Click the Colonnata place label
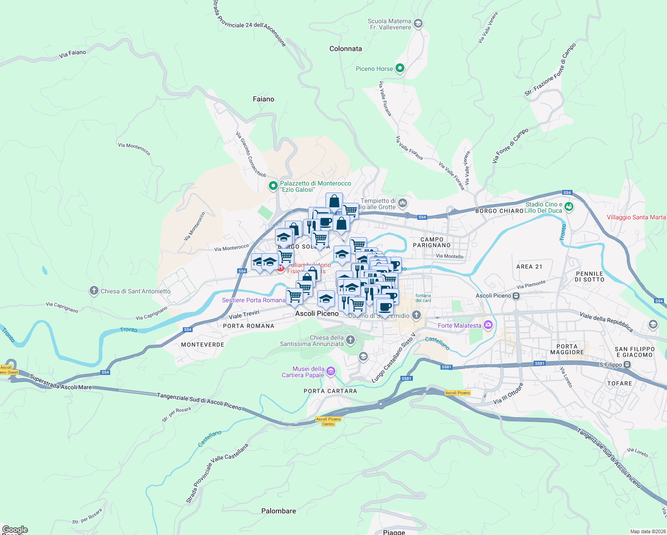(x=346, y=49)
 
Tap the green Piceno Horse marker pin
(x=400, y=68)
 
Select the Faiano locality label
(x=264, y=99)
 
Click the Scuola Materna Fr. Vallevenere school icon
(x=418, y=24)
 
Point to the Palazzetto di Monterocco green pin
(x=273, y=186)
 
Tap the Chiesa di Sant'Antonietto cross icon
(x=94, y=291)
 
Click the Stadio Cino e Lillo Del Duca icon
(x=568, y=206)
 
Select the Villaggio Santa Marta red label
(x=636, y=218)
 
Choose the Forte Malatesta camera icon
(x=488, y=325)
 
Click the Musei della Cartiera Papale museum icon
(x=331, y=371)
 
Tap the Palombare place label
(x=279, y=511)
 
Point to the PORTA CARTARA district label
(x=330, y=391)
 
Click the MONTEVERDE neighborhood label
(x=203, y=345)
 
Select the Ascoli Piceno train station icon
(x=516, y=296)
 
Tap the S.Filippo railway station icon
(x=627, y=365)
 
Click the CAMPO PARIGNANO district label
(x=432, y=243)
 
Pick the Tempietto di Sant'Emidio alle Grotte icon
(x=403, y=203)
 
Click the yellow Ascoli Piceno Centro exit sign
(x=328, y=421)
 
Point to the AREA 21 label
(x=529, y=267)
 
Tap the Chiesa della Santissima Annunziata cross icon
(x=350, y=341)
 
